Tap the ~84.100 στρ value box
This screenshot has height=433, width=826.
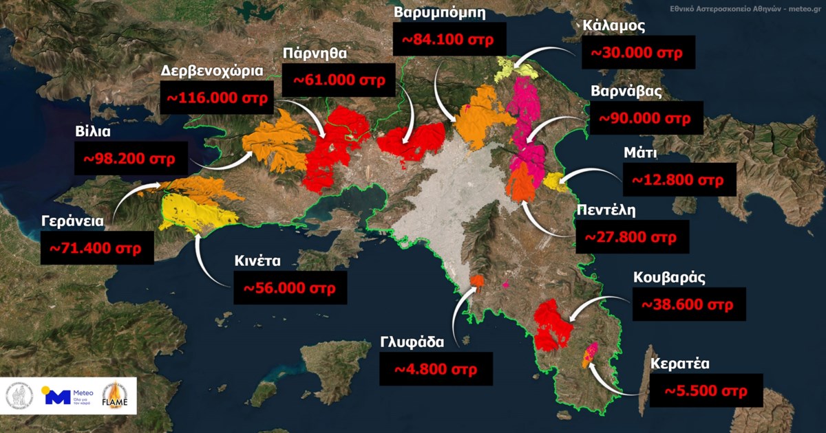pos(448,39)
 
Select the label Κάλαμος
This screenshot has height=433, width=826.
pos(613,26)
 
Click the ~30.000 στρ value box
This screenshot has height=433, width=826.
pos(636,52)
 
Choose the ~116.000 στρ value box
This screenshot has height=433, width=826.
pos(215,96)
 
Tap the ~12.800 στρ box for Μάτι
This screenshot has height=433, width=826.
pos(678,180)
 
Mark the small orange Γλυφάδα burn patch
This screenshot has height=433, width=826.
pos(477,280)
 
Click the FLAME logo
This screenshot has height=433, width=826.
pos(115,395)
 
